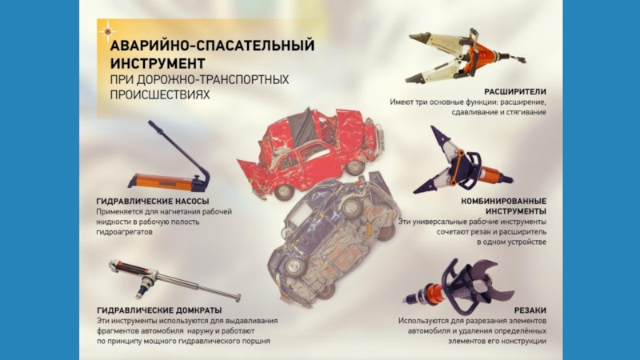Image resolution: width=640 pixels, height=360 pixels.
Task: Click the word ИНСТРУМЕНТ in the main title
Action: click(x=157, y=63)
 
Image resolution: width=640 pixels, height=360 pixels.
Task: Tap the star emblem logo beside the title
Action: click(x=107, y=31)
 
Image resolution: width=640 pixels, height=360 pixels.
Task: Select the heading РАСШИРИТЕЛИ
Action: click(x=515, y=92)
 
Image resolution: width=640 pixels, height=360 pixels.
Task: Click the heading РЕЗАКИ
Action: click(x=530, y=310)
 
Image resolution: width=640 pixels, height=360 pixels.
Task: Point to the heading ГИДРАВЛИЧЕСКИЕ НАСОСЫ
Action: click(x=153, y=202)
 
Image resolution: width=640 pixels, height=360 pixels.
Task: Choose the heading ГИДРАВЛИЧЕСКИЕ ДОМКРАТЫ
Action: click(x=159, y=310)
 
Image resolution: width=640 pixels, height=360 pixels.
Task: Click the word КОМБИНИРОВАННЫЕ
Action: click(x=504, y=202)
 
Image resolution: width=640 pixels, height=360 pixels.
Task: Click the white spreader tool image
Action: click(x=466, y=55)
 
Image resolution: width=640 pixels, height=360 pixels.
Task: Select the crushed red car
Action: click(x=311, y=153)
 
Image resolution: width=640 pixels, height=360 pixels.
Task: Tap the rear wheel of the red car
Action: click(x=284, y=191)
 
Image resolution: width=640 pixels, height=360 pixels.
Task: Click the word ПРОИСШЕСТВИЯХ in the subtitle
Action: click(x=159, y=94)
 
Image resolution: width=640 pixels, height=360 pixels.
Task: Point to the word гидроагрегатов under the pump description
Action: click(x=124, y=232)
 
